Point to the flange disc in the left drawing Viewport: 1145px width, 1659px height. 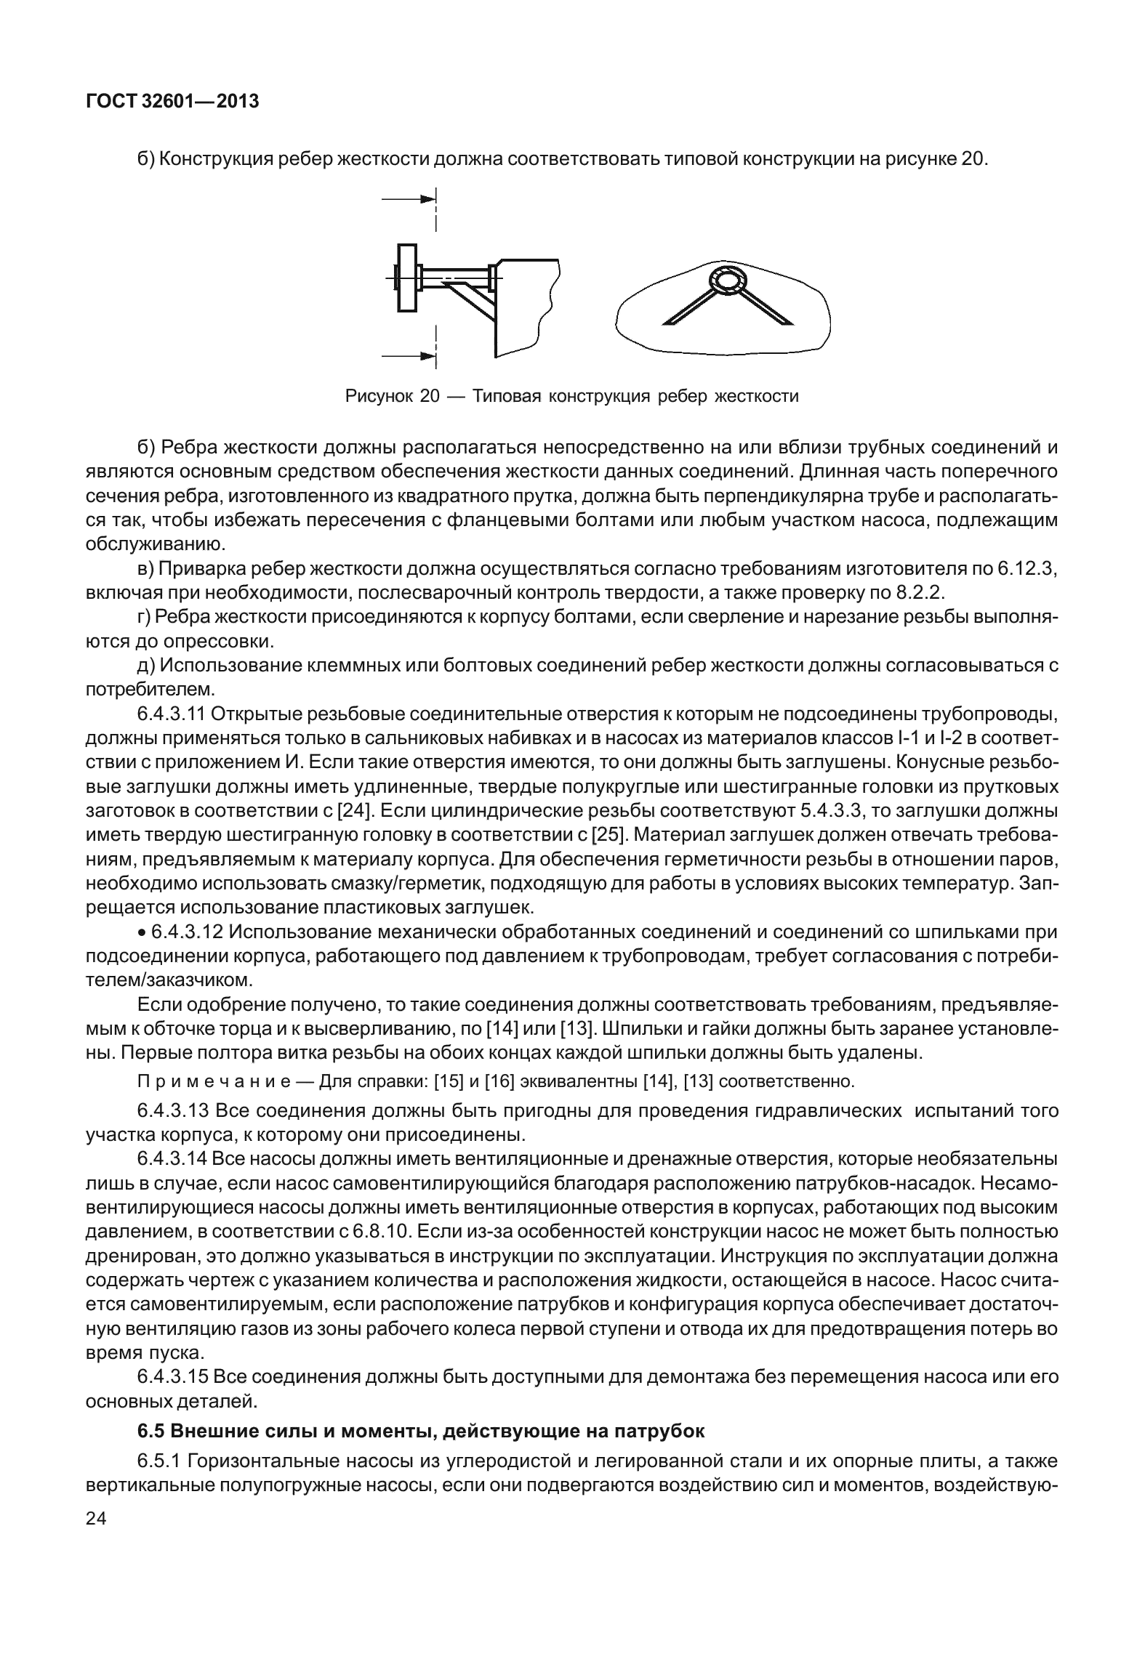(x=407, y=278)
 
